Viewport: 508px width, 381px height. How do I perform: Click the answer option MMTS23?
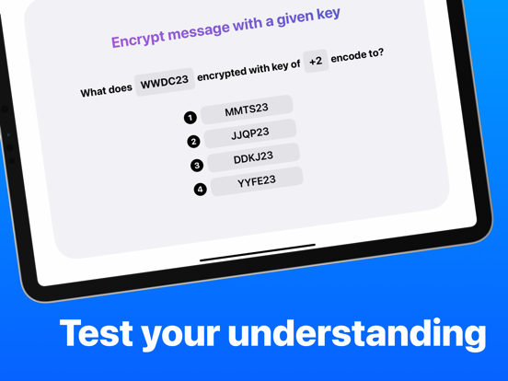[x=247, y=110]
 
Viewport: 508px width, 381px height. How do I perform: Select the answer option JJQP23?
[x=250, y=133]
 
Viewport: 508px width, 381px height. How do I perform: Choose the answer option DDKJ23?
[x=253, y=157]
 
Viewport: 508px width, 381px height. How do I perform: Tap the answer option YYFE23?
[x=257, y=181]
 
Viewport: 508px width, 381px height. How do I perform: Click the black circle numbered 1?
[x=190, y=118]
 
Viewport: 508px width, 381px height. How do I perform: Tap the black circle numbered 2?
[x=193, y=142]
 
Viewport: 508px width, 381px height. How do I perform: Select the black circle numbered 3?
[x=197, y=166]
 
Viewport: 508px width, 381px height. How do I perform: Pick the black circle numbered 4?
[x=201, y=190]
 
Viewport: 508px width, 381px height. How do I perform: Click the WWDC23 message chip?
[x=165, y=82]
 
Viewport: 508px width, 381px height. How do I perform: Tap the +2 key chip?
[x=316, y=61]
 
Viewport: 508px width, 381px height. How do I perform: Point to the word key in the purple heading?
[x=329, y=15]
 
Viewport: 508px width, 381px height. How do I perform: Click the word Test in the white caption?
[x=97, y=333]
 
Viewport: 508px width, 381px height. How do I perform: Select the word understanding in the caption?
[x=357, y=334]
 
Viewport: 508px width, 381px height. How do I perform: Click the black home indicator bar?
[x=258, y=252]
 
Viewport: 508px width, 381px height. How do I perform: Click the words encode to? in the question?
[x=357, y=56]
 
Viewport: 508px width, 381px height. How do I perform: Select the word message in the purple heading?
[x=199, y=31]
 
